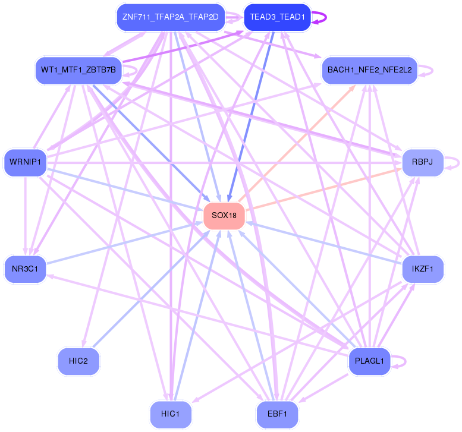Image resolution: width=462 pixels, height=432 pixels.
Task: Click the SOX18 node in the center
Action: pyautogui.click(x=225, y=215)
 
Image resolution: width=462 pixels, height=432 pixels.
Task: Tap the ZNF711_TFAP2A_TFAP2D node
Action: pyautogui.click(x=170, y=17)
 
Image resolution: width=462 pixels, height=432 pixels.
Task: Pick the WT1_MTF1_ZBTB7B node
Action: pyautogui.click(x=78, y=71)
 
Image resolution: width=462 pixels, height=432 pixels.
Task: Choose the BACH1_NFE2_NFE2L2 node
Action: pyautogui.click(x=369, y=71)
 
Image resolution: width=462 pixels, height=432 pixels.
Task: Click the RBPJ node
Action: pyautogui.click(x=423, y=162)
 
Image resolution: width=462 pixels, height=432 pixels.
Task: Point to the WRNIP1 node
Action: pyautogui.click(x=25, y=162)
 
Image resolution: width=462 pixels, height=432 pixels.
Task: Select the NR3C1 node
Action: pyautogui.click(x=25, y=269)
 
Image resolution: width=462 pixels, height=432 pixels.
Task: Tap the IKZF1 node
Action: pyautogui.click(x=423, y=269)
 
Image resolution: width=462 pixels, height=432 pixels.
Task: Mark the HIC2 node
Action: pyautogui.click(x=78, y=361)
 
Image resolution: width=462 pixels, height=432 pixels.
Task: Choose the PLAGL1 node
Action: pyautogui.click(x=369, y=361)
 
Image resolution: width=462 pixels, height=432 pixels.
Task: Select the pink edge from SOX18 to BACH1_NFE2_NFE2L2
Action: pyautogui.click(x=297, y=143)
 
